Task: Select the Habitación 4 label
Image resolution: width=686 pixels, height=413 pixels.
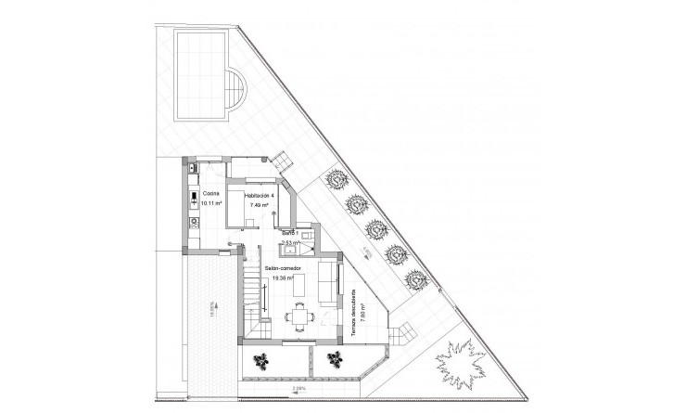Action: point(260,196)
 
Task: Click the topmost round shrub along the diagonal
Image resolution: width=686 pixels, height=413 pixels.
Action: point(330,180)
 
